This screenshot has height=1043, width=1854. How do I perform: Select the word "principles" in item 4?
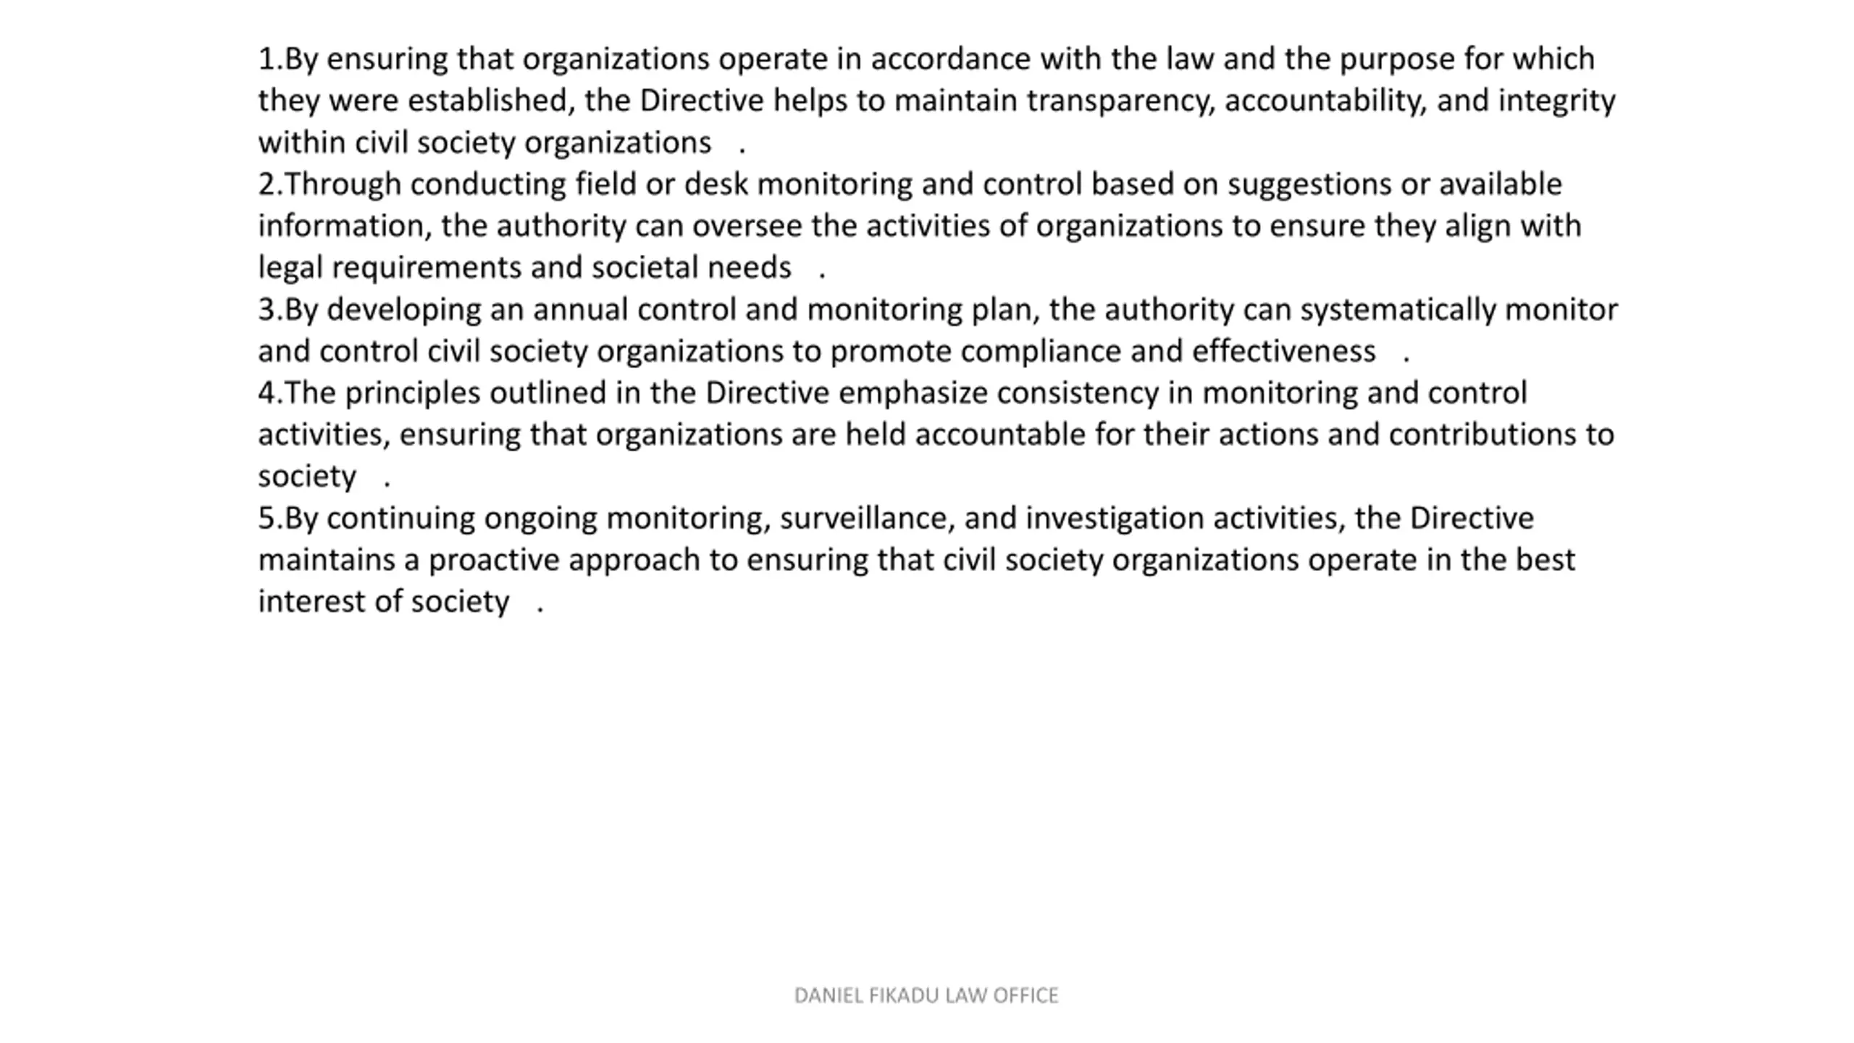tap(412, 393)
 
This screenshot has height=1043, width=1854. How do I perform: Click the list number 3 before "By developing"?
tap(267, 310)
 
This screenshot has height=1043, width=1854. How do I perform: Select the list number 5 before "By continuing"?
tap(267, 519)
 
